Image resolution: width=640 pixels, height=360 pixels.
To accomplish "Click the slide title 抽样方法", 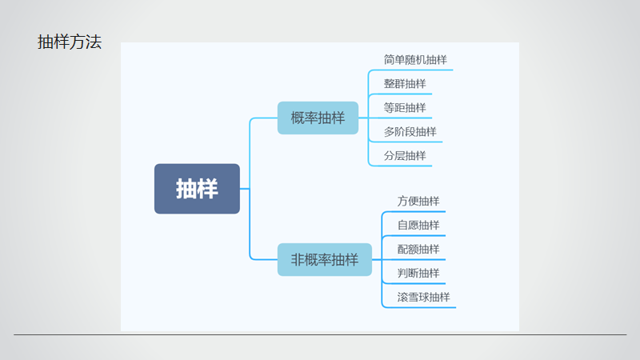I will [70, 43].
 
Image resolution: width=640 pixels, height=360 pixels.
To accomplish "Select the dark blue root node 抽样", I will [197, 189].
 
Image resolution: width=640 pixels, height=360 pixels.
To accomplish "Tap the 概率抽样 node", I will [318, 118].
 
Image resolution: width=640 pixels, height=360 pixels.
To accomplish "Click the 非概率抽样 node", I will [324, 260].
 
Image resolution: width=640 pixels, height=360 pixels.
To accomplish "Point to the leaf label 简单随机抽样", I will [415, 60].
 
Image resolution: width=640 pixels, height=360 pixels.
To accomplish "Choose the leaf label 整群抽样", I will [405, 84].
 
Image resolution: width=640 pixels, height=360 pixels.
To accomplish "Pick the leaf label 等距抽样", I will [405, 108].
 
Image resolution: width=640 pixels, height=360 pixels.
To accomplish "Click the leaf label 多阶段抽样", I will [410, 132].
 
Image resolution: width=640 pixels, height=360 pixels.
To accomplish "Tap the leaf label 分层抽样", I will [405, 156].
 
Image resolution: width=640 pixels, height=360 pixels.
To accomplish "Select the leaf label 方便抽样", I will [418, 201].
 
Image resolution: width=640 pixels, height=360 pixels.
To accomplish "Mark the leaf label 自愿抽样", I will [418, 225].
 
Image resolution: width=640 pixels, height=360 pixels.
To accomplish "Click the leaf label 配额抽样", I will [418, 249].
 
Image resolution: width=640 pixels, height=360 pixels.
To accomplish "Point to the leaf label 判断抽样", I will [418, 273].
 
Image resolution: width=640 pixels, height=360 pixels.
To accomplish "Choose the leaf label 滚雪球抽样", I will [423, 297].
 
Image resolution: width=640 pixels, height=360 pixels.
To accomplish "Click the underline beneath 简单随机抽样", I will [416, 70].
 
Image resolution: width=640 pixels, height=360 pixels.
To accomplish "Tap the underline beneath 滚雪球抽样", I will [424, 307].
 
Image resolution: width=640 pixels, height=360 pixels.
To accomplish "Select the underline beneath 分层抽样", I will [405, 166].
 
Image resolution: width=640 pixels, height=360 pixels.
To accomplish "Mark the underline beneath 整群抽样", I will [405, 94].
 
